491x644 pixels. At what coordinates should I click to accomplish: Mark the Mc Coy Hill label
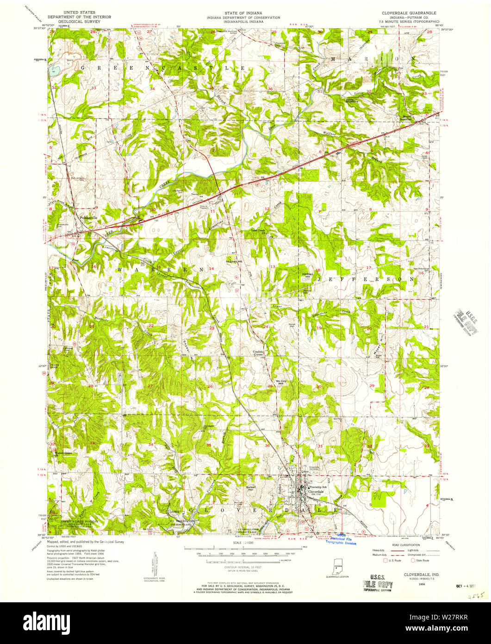[x=282, y=382]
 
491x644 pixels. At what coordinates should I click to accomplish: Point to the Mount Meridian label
[x=406, y=117]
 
